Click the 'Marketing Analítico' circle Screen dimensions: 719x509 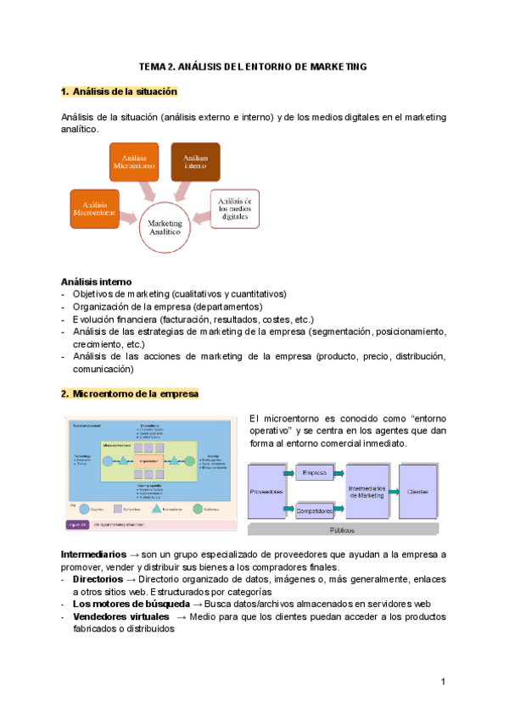166,226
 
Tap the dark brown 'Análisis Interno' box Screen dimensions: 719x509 195,162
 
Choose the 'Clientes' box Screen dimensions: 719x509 418,492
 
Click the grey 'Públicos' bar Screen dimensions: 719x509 343,530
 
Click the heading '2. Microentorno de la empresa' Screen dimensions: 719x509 130,394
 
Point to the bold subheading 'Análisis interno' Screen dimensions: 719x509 96,281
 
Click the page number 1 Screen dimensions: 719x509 443,682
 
